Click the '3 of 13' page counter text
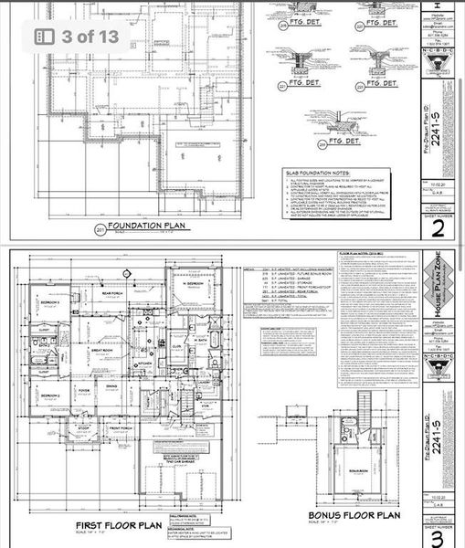[91, 37]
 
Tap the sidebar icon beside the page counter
[44, 37]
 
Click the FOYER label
[83, 387]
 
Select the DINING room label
[111, 387]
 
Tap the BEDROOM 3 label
[48, 300]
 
